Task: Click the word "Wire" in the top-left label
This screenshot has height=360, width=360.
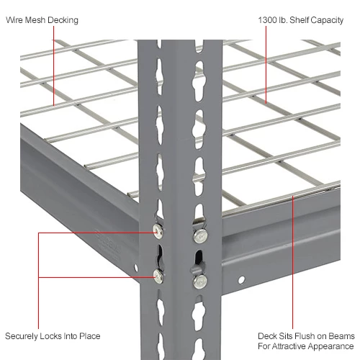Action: [x=14, y=20]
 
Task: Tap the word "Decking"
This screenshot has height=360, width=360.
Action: [x=63, y=20]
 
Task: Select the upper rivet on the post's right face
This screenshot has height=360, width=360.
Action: [x=200, y=234]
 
